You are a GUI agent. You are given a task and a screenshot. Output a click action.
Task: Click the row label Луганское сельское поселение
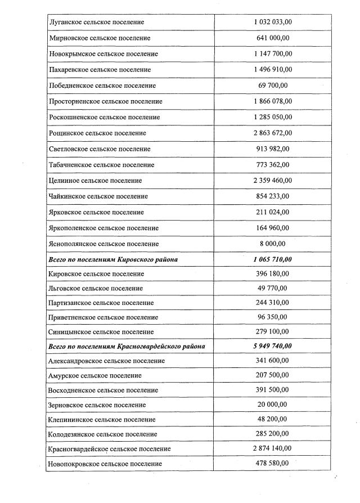tap(96, 22)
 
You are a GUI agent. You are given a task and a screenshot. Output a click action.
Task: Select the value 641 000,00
tap(272, 38)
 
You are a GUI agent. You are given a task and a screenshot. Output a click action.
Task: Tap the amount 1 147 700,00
tap(272, 53)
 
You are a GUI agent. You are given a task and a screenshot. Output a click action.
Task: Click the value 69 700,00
tap(272, 86)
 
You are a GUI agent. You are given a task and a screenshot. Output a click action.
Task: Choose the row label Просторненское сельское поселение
tap(106, 101)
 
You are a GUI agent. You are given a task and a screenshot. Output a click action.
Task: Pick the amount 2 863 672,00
tap(272, 133)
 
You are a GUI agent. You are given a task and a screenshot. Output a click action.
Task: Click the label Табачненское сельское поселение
tap(102, 165)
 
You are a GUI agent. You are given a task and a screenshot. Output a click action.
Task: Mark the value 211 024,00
tap(272, 212)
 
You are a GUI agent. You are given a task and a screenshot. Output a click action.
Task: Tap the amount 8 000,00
tap(272, 244)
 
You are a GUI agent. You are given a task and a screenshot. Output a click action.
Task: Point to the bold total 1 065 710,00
tap(272, 259)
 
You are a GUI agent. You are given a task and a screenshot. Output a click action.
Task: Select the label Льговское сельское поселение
tap(96, 288)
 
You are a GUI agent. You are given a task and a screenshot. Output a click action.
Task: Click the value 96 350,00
tap(272, 317)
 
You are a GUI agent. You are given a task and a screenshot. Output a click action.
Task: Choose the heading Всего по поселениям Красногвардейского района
tap(127, 346)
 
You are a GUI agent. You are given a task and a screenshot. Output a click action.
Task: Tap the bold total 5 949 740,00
tap(272, 346)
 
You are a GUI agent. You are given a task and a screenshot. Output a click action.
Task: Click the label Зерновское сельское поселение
tap(98, 405)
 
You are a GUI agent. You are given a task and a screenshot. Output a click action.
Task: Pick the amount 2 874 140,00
tap(272, 448)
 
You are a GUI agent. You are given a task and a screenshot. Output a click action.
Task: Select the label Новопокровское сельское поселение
tap(106, 463)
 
